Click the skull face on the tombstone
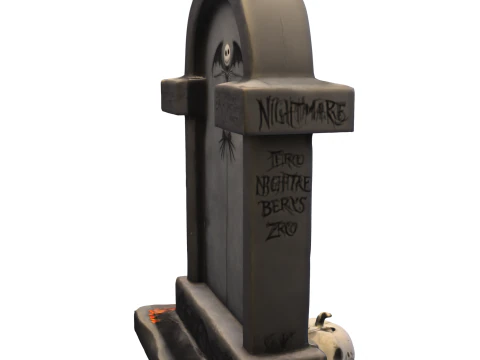click(229, 52)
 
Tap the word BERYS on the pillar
click(284, 208)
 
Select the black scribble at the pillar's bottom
click(274, 341)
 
